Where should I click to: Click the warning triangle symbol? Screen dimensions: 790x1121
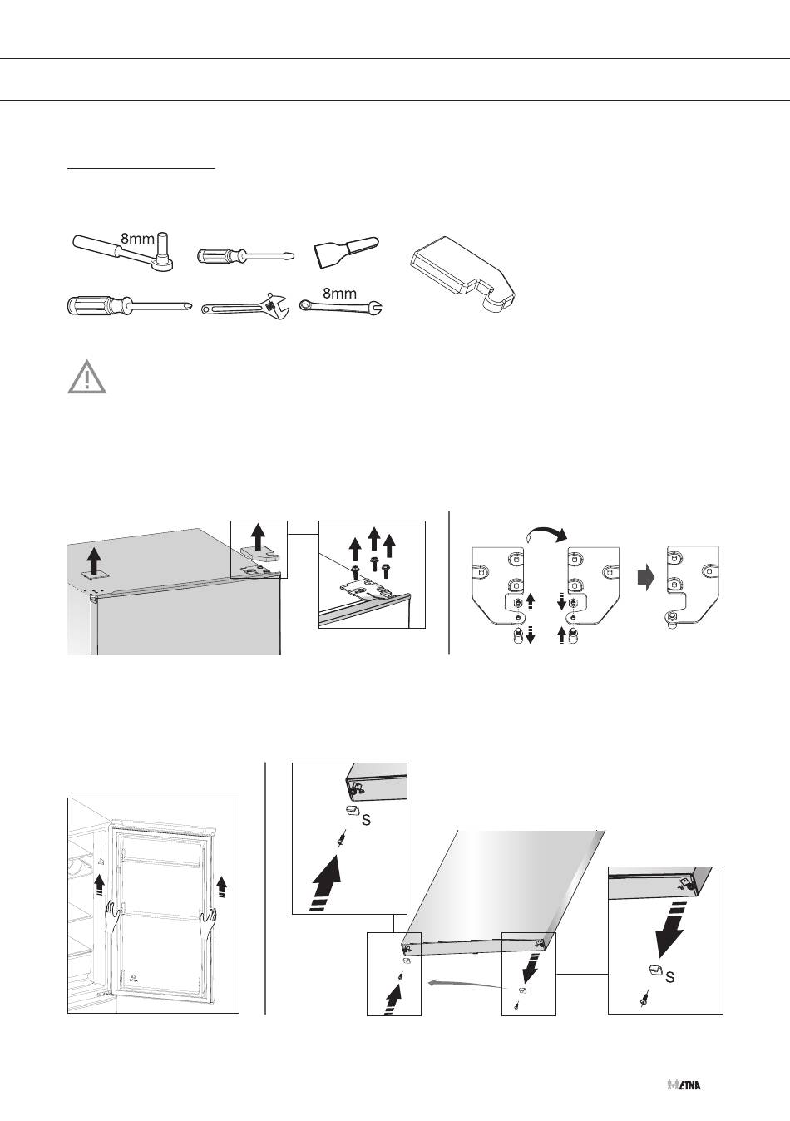click(x=86, y=377)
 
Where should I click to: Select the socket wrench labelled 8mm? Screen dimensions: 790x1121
click(x=124, y=252)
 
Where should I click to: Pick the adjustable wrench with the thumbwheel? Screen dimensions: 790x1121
click(x=244, y=306)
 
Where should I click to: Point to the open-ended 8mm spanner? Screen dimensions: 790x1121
click(x=340, y=307)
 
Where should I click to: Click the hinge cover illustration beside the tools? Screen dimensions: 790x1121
click(x=462, y=274)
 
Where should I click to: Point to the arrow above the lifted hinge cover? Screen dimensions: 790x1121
click(x=258, y=536)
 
